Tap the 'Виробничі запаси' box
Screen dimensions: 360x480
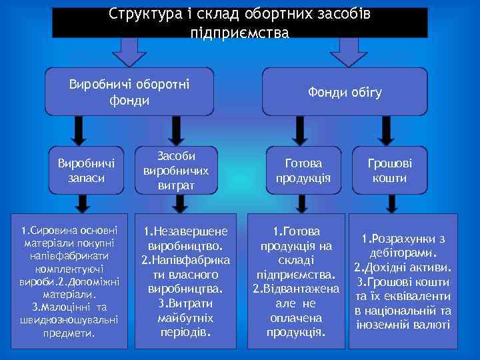coord(86,171)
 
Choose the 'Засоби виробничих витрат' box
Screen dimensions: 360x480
coord(176,171)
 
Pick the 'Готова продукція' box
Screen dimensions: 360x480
coord(303,171)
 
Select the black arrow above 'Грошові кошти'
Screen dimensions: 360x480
coord(388,133)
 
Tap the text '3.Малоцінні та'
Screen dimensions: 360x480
coord(69,307)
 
